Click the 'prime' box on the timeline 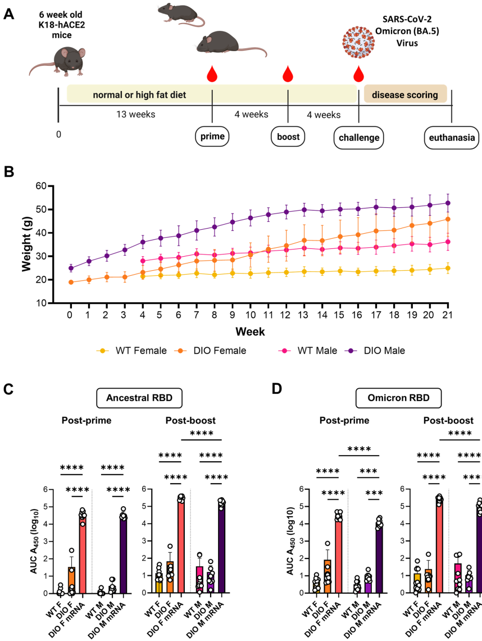coord(212,137)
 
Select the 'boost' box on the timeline coord(288,137)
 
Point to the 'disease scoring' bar coord(405,95)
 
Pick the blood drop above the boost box coord(288,74)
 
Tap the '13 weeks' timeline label coord(135,115)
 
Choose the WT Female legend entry coord(133,351)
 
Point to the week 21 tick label coord(447,313)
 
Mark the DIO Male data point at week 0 coord(71,268)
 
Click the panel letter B coord(10,172)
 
